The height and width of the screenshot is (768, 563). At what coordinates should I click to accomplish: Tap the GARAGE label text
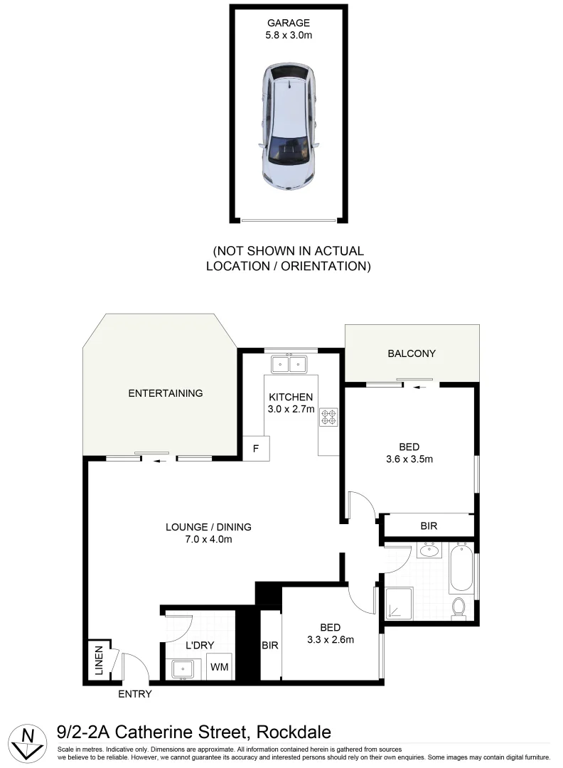[x=289, y=21]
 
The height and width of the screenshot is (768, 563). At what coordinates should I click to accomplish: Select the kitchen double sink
[x=288, y=365]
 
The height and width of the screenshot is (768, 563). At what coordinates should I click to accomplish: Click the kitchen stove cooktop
[x=328, y=417]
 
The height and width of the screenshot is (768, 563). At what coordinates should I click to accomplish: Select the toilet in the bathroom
[x=459, y=608]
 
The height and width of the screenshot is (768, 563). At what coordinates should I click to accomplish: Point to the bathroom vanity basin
[x=429, y=550]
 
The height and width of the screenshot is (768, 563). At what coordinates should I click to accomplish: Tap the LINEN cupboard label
[x=99, y=662]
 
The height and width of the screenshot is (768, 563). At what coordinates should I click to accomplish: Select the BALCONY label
[x=412, y=353]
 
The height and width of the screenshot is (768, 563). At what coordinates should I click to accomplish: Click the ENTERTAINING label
[x=165, y=393]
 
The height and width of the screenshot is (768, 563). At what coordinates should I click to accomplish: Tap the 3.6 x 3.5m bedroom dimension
[x=409, y=459]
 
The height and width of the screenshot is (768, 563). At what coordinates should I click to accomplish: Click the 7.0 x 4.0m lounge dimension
[x=208, y=539]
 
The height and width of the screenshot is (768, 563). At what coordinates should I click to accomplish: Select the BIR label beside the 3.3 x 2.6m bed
[x=269, y=645]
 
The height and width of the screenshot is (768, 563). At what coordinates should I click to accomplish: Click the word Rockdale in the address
[x=294, y=732]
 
